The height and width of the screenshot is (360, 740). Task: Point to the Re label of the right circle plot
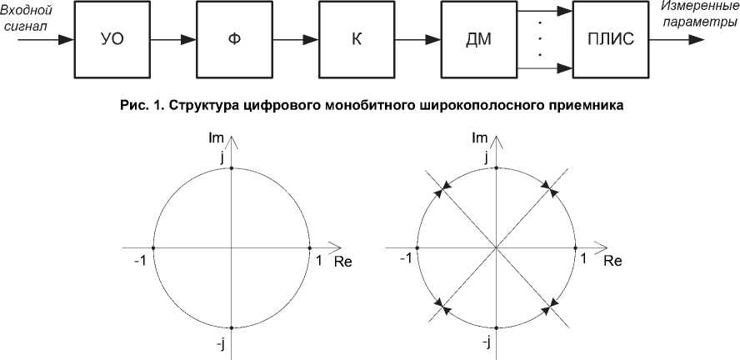pos(612,261)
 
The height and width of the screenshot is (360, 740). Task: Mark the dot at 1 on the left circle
pos(312,247)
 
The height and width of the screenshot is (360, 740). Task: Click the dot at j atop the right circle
pos(497,168)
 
